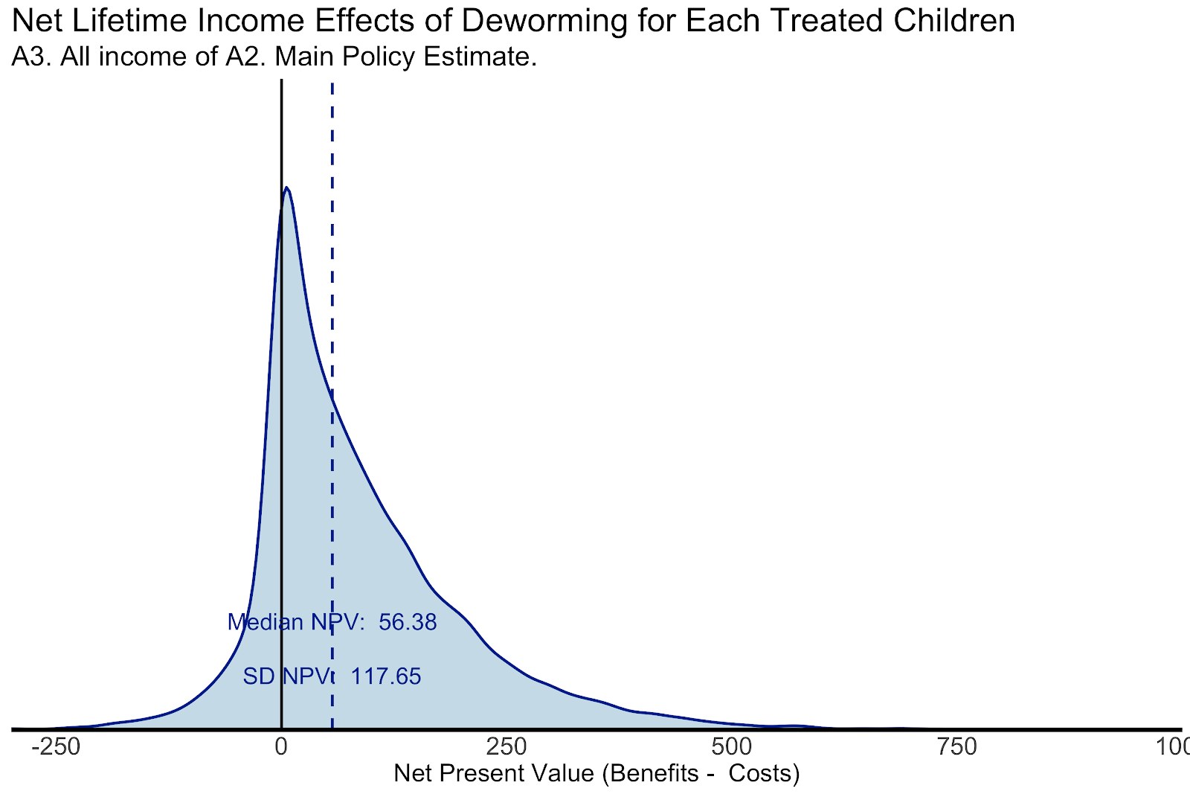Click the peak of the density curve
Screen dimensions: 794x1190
coord(286,188)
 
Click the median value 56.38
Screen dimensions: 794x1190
coord(408,622)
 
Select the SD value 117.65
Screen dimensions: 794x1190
coord(385,676)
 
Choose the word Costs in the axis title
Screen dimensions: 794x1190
coord(763,774)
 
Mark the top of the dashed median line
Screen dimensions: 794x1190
coord(332,82)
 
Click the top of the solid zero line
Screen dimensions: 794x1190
coord(281,80)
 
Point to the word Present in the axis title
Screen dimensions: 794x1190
coord(488,774)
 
